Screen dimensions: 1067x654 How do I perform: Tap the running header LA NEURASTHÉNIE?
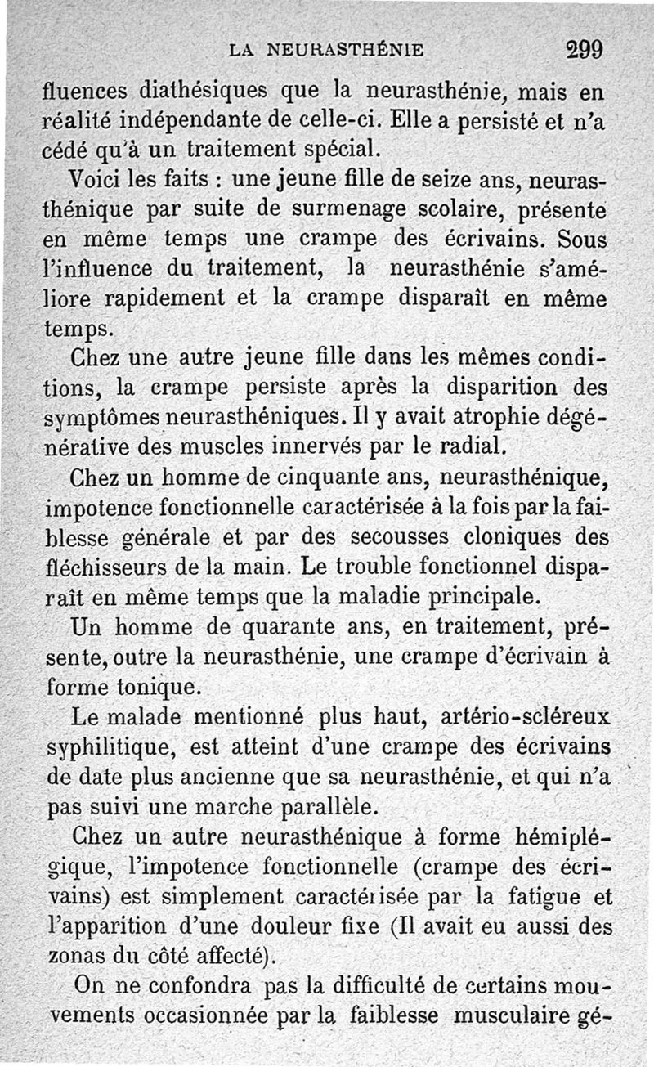tap(327, 50)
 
